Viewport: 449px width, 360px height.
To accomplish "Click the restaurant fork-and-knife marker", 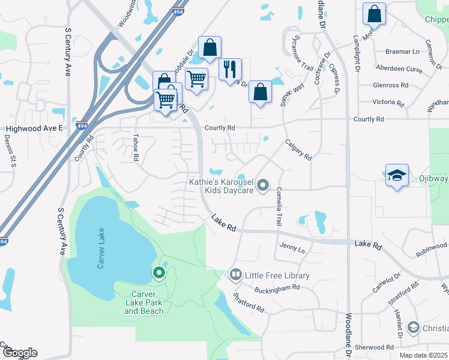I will [x=230, y=70].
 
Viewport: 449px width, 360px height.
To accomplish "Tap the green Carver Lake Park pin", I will [x=159, y=273].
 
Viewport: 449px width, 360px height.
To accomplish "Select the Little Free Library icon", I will [x=235, y=275].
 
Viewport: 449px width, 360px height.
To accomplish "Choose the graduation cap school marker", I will [x=397, y=175].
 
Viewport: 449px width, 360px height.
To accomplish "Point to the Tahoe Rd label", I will [x=136, y=147].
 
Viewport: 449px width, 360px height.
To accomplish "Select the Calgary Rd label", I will [x=298, y=149].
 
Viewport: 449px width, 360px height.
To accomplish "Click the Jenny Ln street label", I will [x=292, y=248].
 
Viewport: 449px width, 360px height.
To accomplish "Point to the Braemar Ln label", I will [x=402, y=52].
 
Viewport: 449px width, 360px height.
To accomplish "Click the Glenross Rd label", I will [x=391, y=85].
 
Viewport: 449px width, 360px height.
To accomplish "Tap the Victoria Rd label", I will [x=388, y=102].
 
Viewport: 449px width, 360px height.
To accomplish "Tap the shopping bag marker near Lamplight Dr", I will [x=374, y=14].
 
